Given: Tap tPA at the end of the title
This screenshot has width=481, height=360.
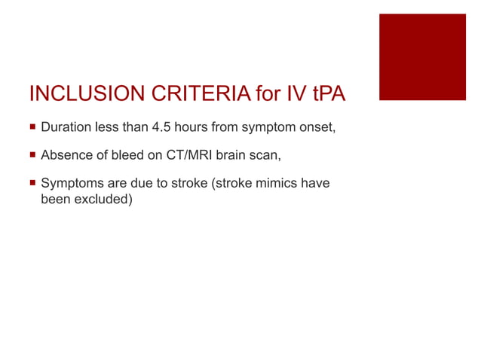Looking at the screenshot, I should (x=326, y=94).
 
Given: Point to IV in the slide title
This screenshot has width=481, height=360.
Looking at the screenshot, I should (x=294, y=94).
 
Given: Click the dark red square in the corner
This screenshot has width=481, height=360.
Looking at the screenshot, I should (x=421, y=56).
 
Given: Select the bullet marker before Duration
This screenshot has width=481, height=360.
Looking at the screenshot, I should (x=32, y=128).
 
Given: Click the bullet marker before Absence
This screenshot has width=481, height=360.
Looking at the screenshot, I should (x=32, y=157).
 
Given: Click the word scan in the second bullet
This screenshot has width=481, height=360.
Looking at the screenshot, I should (x=271, y=157).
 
